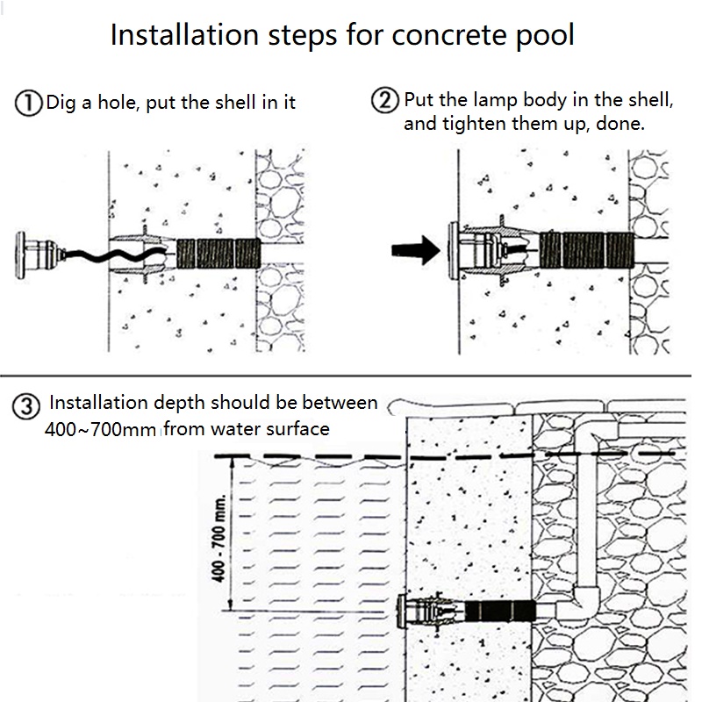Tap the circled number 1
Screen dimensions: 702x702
coord(29,104)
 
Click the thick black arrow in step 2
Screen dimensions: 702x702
coord(414,248)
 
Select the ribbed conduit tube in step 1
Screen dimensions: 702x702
coord(218,252)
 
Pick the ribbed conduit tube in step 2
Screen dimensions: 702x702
coord(584,249)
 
